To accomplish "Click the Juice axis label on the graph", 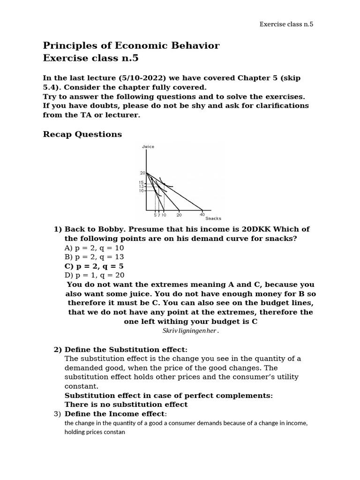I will pos(148,147).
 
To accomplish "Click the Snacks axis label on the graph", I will pos(213,218).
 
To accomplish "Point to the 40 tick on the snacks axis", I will pos(202,215).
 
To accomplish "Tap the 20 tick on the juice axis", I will pos(143,173).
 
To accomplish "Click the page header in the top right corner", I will pos(286,24).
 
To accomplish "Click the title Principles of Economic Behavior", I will pos(131,45).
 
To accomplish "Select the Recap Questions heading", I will pos(82,135).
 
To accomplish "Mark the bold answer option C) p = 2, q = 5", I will pos(94,266).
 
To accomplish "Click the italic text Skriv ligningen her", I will pos(190,331).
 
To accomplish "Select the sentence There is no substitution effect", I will pos(126,405).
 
